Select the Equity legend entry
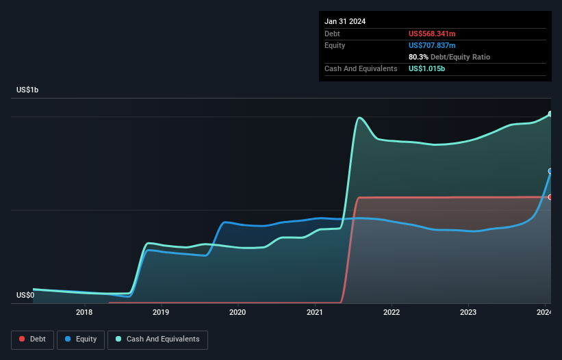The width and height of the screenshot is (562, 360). (81, 339)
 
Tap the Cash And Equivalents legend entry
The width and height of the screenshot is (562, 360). (157, 339)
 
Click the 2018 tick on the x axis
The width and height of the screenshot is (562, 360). (84, 313)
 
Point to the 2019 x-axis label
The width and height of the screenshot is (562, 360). (161, 313)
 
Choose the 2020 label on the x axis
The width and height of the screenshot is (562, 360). (238, 313)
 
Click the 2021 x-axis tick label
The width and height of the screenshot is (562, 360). (315, 313)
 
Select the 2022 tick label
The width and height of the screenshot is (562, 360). (392, 313)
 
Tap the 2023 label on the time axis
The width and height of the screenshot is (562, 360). (468, 313)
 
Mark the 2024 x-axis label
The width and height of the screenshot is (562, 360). (544, 313)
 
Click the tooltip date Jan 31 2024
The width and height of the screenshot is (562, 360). (345, 21)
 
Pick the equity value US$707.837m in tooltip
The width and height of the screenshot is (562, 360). (432, 45)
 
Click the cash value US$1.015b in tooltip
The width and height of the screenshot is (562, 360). (428, 68)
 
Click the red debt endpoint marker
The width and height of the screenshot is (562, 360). (550, 197)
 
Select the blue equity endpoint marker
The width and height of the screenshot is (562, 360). (550, 171)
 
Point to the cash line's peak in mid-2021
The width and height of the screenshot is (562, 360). (359, 118)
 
